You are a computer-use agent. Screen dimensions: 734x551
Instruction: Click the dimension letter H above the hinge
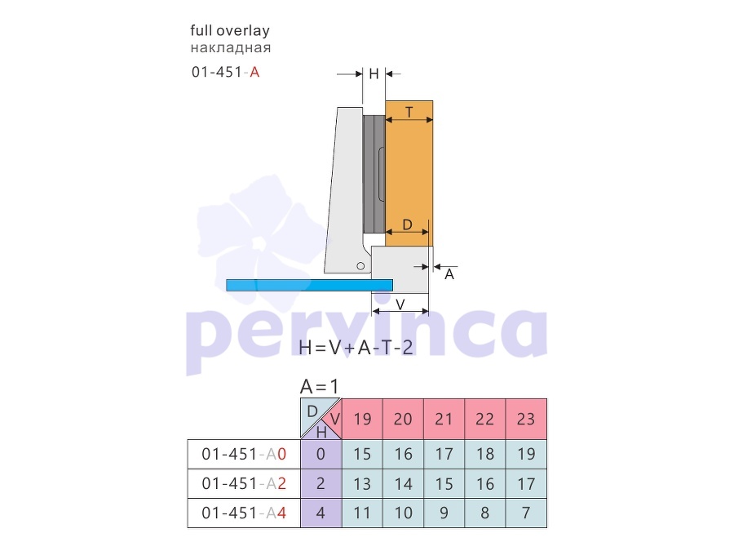click(374, 73)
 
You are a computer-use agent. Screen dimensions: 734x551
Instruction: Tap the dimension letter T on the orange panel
click(409, 112)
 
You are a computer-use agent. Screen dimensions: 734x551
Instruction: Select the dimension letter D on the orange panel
click(407, 225)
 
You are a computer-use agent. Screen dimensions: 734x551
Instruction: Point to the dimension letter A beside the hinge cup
click(449, 274)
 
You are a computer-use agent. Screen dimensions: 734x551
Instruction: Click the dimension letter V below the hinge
click(400, 304)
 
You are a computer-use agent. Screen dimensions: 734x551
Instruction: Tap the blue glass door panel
click(309, 285)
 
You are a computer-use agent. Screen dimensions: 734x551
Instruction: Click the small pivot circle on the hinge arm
click(360, 266)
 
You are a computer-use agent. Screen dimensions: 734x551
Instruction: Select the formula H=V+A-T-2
click(356, 347)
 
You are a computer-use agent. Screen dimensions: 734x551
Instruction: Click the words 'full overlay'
click(230, 31)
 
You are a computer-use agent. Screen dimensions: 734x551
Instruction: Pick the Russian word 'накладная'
click(231, 48)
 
